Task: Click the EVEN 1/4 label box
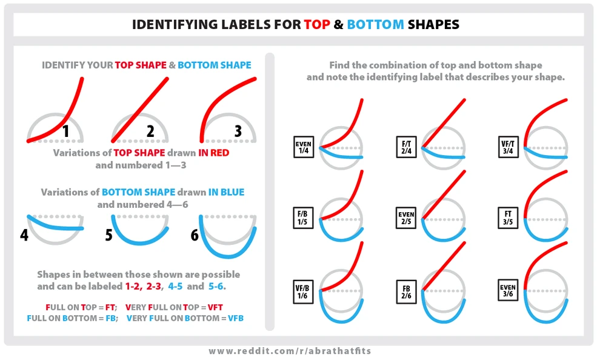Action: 304,148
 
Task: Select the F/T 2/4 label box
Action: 406,148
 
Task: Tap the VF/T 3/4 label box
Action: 508,148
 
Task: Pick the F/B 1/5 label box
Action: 304,218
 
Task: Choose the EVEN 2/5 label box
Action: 406,218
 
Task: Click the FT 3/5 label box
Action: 508,218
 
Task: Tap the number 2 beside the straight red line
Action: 151,130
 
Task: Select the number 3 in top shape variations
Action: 238,130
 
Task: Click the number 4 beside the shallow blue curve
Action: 24,235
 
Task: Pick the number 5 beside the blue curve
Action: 108,235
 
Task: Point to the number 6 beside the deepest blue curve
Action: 195,235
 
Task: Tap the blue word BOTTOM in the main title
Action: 376,25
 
